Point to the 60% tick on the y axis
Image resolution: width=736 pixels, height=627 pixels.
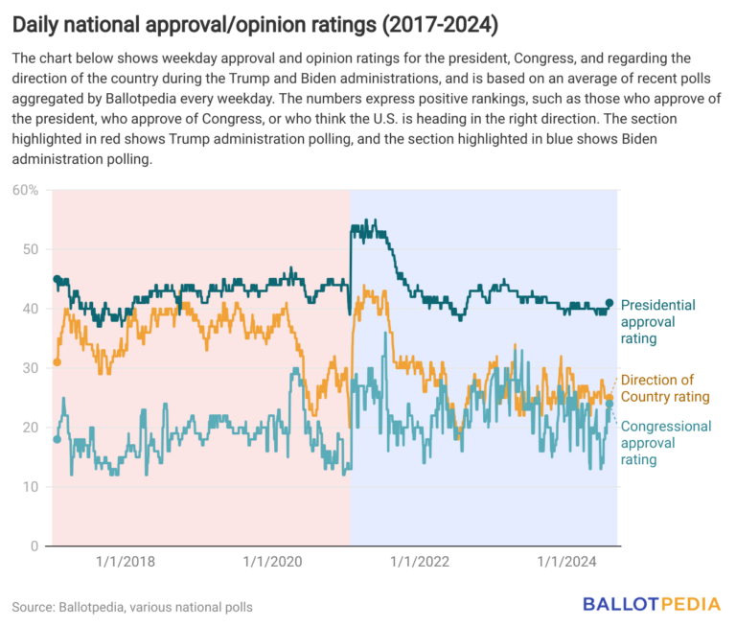pos(26,190)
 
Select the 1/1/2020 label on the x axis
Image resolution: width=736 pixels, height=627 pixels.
pos(274,563)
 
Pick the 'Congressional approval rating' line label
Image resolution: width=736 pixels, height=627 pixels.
pos(661,443)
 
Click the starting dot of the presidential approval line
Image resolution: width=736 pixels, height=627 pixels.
pos(57,279)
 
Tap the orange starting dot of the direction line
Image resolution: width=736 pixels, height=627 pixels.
pos(57,362)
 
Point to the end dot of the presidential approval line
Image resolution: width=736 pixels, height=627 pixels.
pos(609,303)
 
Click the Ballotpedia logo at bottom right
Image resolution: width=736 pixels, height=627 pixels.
pos(652,604)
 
